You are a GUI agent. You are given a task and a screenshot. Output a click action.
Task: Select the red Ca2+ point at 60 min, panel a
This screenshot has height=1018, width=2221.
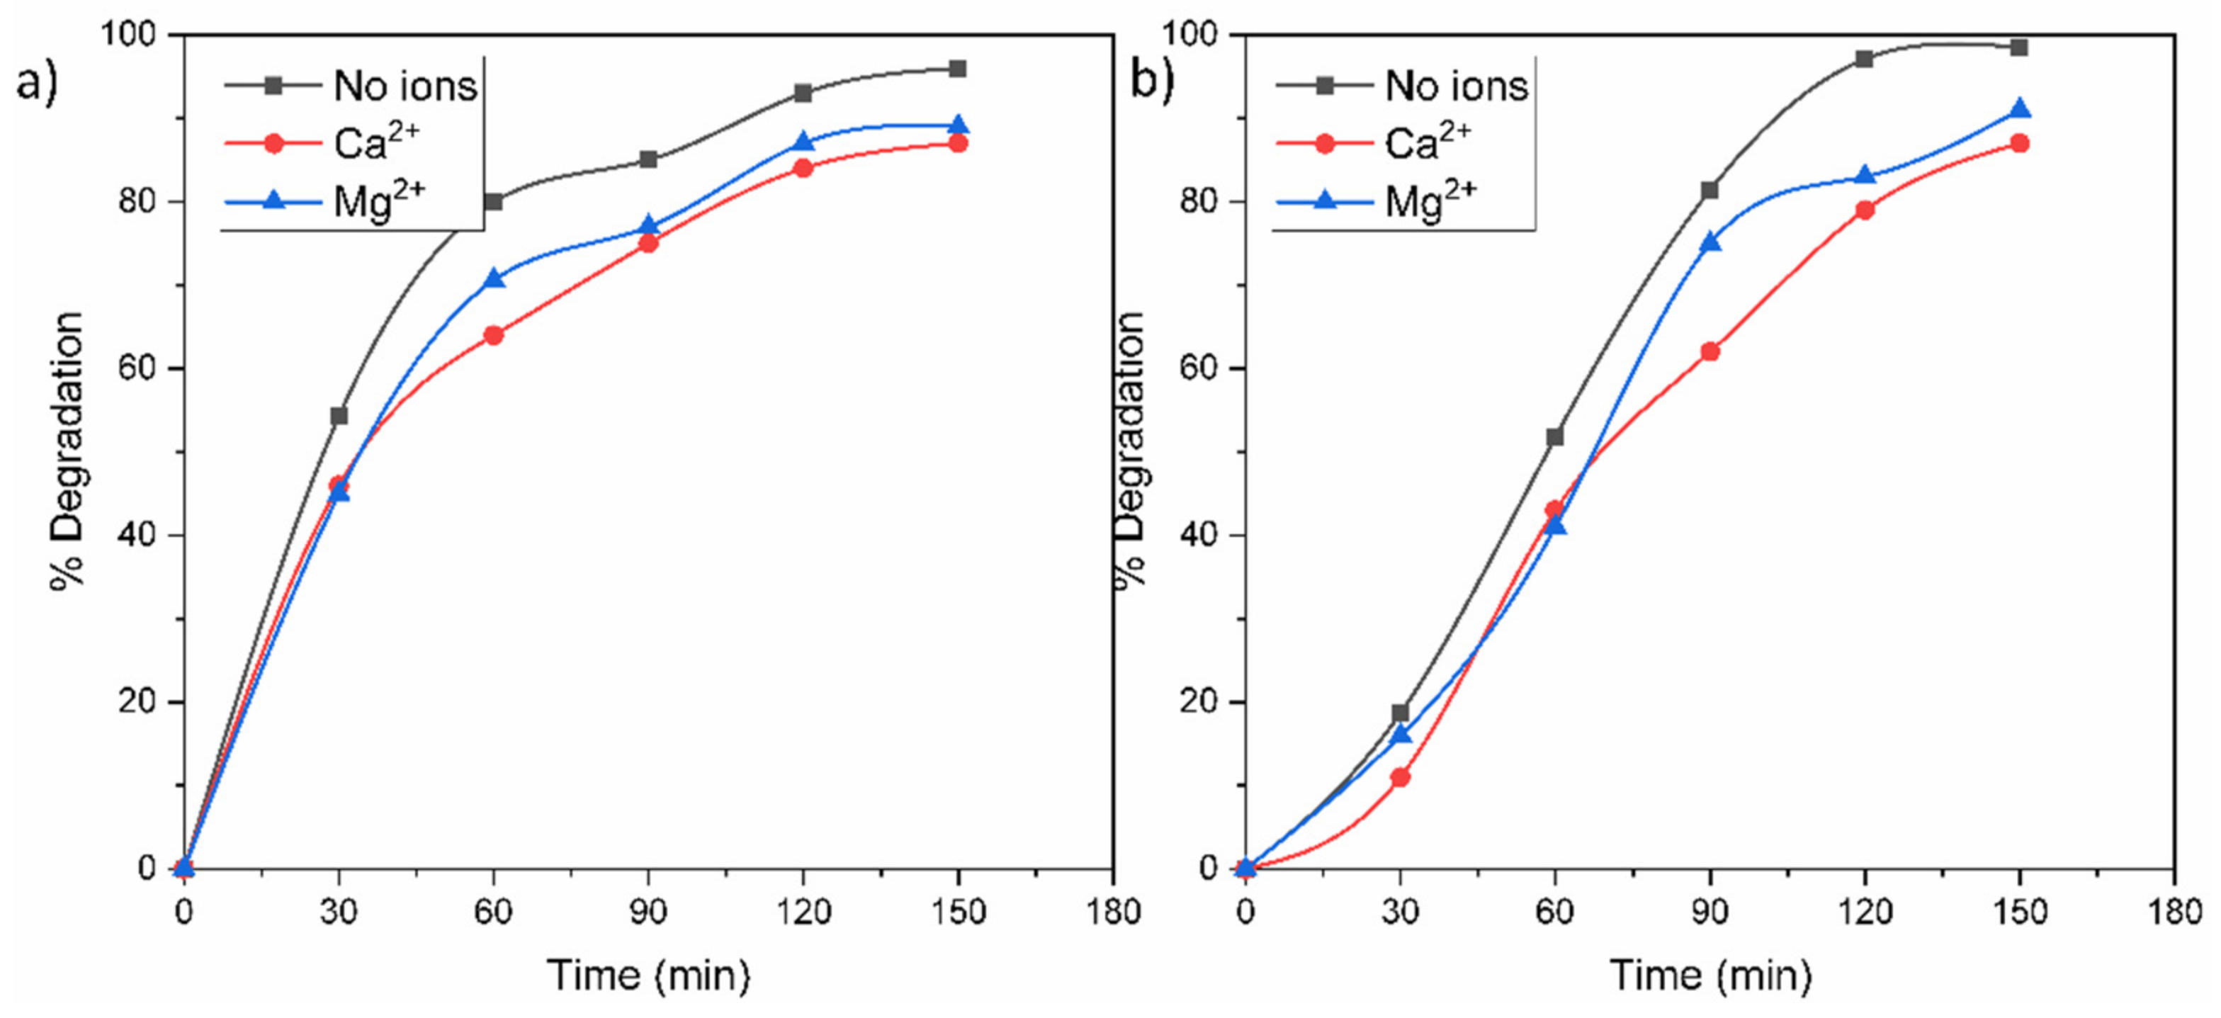(493, 335)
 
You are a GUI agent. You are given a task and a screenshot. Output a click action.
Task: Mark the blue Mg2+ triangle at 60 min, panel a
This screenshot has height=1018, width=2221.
(494, 278)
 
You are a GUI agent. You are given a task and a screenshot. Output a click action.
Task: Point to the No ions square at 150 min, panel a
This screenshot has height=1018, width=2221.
(957, 69)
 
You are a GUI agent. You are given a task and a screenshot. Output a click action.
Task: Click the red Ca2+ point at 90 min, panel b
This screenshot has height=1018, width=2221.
(1709, 351)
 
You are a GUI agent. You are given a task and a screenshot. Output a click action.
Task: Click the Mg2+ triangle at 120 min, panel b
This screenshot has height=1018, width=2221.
(1864, 176)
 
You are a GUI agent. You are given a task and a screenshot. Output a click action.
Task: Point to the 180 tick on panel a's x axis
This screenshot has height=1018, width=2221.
(1113, 912)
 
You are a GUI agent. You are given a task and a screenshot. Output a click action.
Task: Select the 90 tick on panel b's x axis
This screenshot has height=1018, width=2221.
(1709, 912)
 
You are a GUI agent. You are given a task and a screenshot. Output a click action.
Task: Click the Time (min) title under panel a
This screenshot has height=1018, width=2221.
(648, 975)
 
